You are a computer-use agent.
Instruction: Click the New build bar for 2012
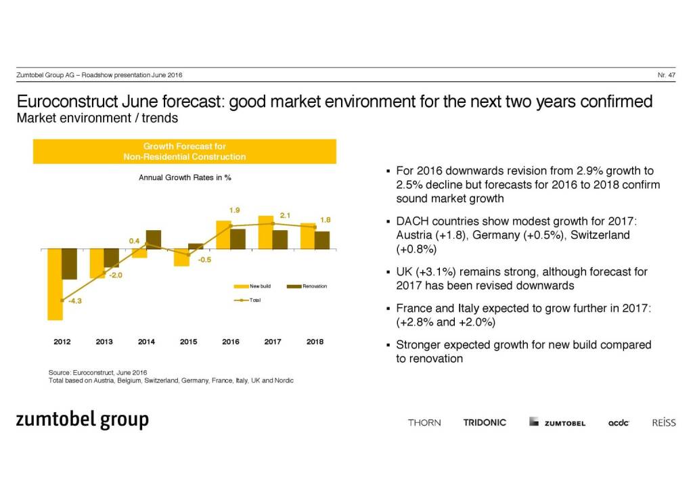[54, 284]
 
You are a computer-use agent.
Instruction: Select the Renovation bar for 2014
[154, 240]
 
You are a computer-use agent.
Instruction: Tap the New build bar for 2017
[265, 232]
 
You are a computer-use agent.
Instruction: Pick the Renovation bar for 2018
[322, 240]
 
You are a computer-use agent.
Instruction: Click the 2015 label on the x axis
[188, 342]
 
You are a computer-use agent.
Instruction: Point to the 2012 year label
[62, 342]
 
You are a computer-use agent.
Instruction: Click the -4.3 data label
[75, 302]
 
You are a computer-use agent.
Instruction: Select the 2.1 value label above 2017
[285, 215]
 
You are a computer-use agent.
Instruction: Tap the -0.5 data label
[204, 260]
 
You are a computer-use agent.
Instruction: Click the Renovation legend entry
[307, 286]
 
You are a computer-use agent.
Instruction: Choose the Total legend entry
[248, 300]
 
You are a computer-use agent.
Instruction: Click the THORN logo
[424, 422]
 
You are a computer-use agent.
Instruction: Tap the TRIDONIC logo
[485, 422]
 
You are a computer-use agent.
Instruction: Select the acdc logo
[619, 423]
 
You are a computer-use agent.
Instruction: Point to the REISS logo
[663, 422]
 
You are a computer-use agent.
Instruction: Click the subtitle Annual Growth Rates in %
[185, 178]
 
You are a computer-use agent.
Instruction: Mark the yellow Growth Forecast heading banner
[185, 151]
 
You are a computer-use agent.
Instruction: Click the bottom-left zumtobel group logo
[82, 420]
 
